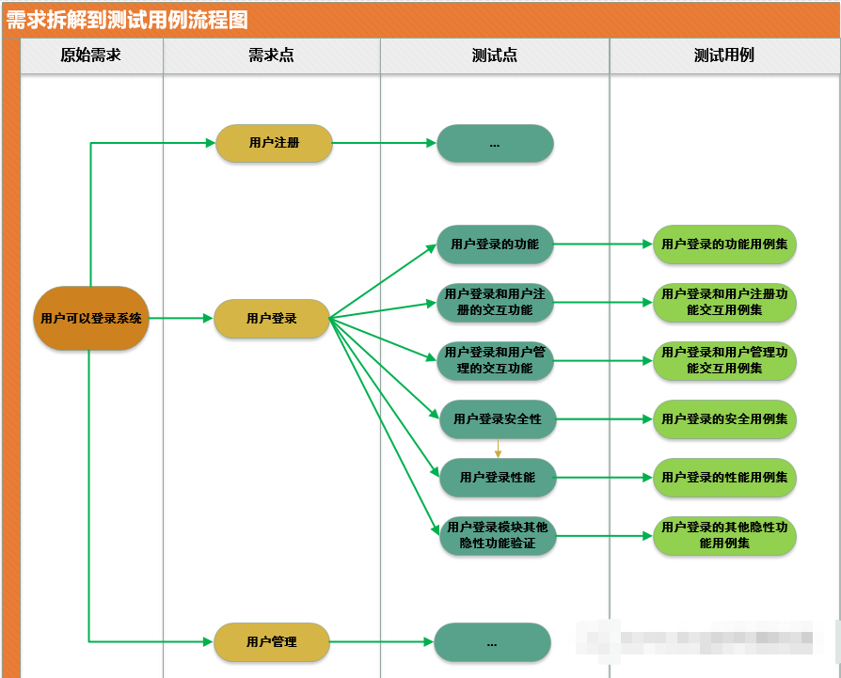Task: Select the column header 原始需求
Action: point(90,55)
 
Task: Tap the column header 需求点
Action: point(271,55)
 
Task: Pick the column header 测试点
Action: point(495,55)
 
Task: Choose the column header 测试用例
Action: point(723,55)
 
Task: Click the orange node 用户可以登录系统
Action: point(91,318)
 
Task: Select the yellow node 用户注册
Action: point(274,143)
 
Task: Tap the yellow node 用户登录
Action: point(272,318)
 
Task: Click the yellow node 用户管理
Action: point(272,641)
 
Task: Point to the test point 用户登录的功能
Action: point(495,244)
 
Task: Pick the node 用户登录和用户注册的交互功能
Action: point(495,302)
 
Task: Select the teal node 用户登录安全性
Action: point(498,418)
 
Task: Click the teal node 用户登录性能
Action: point(498,477)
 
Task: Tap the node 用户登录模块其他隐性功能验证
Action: point(498,535)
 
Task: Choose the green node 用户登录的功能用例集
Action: point(724,244)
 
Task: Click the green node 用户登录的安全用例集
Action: point(724,418)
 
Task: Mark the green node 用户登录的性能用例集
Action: point(724,477)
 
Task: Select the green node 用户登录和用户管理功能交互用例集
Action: point(724,360)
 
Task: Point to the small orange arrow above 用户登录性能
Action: point(498,450)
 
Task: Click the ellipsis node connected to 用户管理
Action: point(492,641)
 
